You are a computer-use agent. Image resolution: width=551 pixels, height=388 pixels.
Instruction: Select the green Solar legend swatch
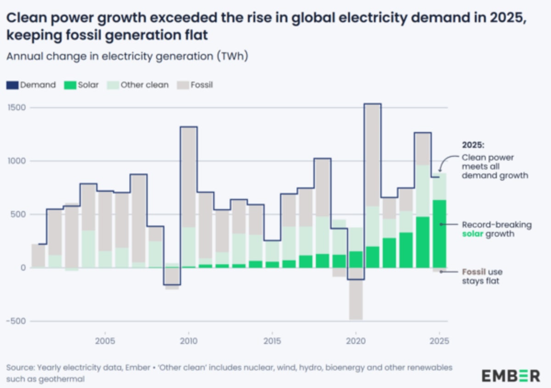pyautogui.click(x=69, y=85)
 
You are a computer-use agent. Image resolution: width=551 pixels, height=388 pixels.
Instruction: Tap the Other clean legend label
pyautogui.click(x=144, y=85)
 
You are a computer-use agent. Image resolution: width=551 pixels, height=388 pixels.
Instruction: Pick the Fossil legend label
pyautogui.click(x=202, y=85)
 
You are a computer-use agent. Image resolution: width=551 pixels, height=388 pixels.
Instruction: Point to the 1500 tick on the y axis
pyautogui.click(x=17, y=108)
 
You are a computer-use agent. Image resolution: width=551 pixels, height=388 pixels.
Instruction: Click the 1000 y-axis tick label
pyautogui.click(x=17, y=161)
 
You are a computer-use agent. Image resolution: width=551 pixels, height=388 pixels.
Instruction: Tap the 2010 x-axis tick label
pyautogui.click(x=188, y=341)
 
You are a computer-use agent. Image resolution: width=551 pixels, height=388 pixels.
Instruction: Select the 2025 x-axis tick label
pyautogui.click(x=439, y=341)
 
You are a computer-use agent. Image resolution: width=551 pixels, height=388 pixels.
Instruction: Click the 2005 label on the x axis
pyautogui.click(x=105, y=341)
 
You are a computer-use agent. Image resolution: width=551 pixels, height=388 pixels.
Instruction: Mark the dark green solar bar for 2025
pyautogui.click(x=439, y=234)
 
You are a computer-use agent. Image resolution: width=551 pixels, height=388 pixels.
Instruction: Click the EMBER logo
pyautogui.click(x=511, y=376)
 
